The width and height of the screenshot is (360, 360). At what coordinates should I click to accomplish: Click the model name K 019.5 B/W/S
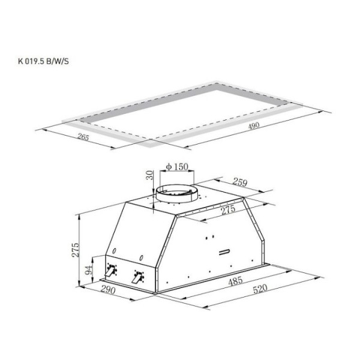[43, 61]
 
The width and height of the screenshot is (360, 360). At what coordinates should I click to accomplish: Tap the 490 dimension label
[254, 125]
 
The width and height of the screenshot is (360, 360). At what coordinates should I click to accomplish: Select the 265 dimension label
[83, 137]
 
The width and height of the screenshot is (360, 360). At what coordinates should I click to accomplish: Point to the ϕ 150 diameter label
[177, 166]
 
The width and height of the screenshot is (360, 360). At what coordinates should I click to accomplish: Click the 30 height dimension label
[149, 175]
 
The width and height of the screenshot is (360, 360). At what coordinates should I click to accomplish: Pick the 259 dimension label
[240, 182]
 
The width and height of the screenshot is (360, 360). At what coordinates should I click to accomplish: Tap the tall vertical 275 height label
[75, 250]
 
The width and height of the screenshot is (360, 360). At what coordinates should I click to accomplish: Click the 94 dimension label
[88, 269]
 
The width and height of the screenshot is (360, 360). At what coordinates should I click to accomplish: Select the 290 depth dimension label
[108, 290]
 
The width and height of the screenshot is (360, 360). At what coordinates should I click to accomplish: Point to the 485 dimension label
[236, 281]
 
